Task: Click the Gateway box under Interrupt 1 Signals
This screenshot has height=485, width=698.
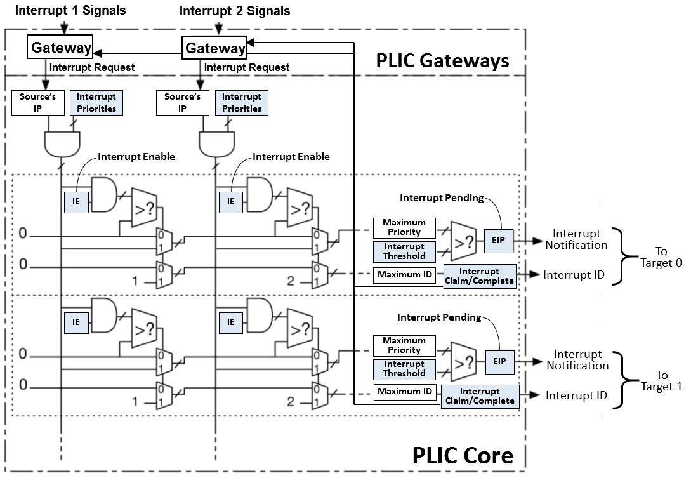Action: pos(60,47)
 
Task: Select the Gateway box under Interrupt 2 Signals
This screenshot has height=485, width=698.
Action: pos(214,48)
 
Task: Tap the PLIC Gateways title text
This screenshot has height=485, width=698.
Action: pos(442,60)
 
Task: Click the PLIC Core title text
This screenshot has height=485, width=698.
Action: pos(463,455)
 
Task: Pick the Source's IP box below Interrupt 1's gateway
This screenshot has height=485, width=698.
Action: pos(37,102)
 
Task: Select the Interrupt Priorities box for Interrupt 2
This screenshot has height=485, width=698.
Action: pos(241,102)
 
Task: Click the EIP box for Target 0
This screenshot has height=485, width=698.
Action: pos(498,241)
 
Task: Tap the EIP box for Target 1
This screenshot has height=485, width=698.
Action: pos(499,361)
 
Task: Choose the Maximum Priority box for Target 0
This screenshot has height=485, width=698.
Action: pos(404,227)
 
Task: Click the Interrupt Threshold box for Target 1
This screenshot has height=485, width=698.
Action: pos(404,369)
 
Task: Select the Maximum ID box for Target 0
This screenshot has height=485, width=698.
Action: pos(404,275)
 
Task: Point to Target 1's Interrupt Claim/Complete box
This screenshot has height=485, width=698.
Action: pos(478,396)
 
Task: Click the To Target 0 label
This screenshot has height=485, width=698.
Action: pos(661,258)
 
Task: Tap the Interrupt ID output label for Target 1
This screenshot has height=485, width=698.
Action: pos(576,395)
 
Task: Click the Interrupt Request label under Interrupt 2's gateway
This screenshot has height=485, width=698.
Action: pos(247,67)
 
